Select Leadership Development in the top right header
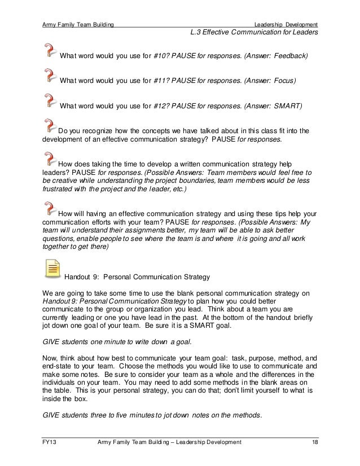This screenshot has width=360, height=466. click(286, 24)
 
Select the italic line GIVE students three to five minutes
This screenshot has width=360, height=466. click(152, 416)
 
